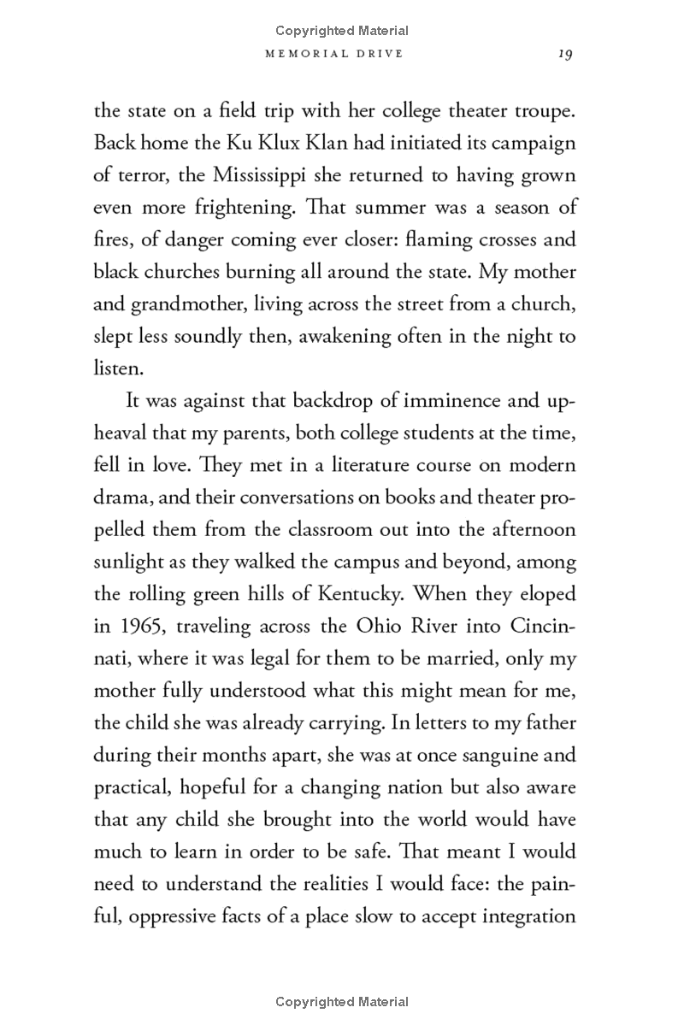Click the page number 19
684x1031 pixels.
click(x=564, y=54)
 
